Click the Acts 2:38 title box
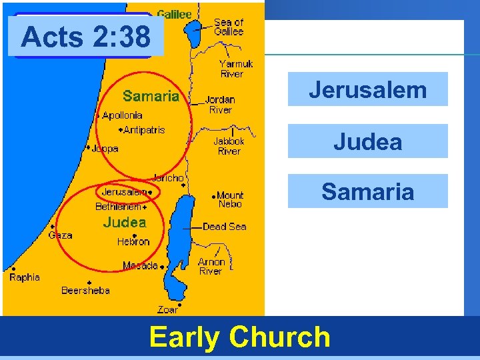point(85,37)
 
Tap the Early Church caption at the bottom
point(240,337)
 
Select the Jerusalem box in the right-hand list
point(367,89)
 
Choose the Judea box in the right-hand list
point(367,141)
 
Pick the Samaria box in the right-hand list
point(367,191)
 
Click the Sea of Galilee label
point(229,27)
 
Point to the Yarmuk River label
point(236,69)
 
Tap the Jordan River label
point(220,105)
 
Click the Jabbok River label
point(229,146)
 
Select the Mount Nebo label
point(230,199)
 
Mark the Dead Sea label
point(224,227)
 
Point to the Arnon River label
point(211,267)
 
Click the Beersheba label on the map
point(85,290)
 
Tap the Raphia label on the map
point(25,277)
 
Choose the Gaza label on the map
point(60,235)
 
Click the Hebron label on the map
point(133,241)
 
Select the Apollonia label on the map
point(122,115)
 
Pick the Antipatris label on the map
point(144,130)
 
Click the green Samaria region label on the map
point(151,96)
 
